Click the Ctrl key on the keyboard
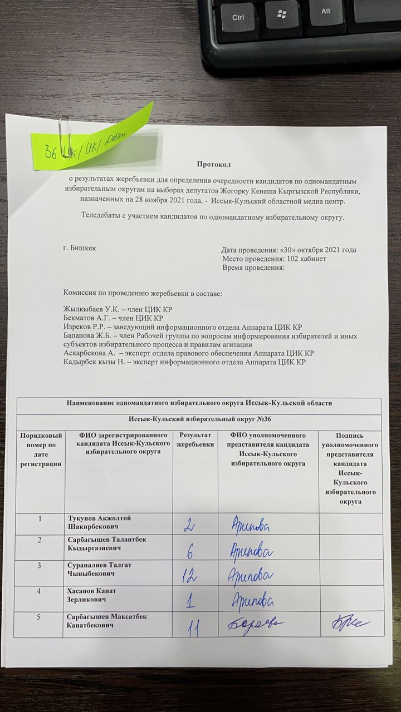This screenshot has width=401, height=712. point(238,17)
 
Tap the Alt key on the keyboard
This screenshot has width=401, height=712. point(326,12)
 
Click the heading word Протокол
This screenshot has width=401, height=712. point(213,164)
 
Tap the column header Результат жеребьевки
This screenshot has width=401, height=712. point(195,439)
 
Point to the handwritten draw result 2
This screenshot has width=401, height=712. point(189,524)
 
